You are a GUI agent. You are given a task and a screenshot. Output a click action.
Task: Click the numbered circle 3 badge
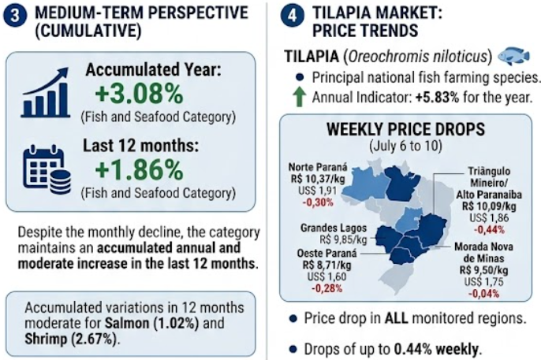point(15,17)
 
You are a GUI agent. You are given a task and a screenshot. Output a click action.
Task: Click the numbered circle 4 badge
point(292,17)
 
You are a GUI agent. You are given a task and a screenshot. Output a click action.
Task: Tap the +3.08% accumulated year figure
point(139,95)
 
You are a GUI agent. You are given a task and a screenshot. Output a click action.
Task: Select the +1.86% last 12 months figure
point(139,170)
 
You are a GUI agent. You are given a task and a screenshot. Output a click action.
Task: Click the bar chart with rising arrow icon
point(46,92)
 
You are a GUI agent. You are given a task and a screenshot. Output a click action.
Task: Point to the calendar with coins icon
point(47,169)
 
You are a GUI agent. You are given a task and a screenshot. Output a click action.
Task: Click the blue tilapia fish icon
point(514,56)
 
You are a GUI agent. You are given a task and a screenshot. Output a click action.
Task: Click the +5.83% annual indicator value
point(438,98)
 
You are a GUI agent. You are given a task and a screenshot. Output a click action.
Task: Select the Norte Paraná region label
point(318,167)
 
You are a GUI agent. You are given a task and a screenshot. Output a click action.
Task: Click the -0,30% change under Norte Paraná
point(318,202)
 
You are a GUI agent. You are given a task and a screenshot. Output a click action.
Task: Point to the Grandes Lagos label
point(334,228)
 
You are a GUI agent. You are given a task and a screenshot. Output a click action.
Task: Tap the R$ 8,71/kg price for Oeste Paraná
point(326,265)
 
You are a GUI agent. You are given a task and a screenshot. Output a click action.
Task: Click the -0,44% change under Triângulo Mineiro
point(489,229)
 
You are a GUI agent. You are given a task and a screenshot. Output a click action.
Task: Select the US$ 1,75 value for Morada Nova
point(483,281)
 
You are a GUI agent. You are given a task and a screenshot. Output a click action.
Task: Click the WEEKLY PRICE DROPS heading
point(405,129)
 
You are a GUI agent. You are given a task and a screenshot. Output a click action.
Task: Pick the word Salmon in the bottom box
point(127,323)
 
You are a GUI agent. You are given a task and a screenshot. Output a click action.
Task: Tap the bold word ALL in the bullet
point(397,318)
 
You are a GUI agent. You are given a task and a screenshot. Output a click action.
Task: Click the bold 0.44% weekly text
point(436,349)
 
